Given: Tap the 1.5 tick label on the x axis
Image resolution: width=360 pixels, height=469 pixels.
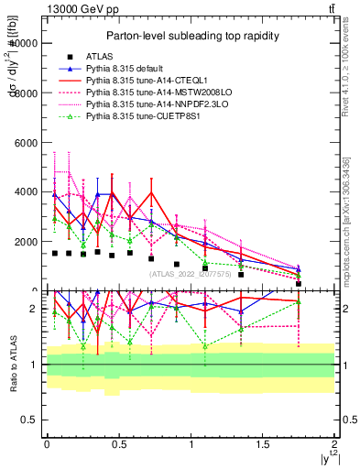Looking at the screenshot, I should click(x=263, y=444).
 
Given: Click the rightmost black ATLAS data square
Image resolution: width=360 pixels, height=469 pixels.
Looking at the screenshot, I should click(x=299, y=284).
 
